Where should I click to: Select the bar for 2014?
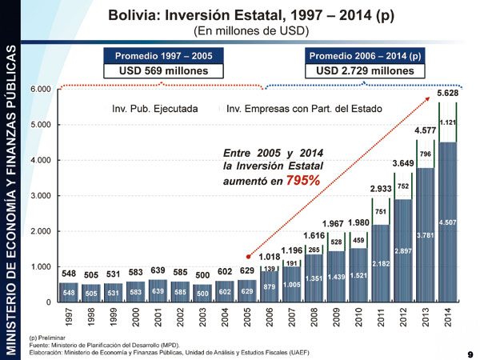(x=448, y=224)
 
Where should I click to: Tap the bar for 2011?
(x=381, y=264)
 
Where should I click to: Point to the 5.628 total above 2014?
(x=448, y=94)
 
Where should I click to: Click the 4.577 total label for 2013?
(x=425, y=130)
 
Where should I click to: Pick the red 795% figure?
(x=303, y=181)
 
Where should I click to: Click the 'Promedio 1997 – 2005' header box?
(x=164, y=56)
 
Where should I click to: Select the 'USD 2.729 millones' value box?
(x=366, y=70)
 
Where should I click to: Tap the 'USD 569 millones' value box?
(x=164, y=70)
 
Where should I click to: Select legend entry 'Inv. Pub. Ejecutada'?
(x=155, y=109)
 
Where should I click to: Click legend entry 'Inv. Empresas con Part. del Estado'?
(x=305, y=109)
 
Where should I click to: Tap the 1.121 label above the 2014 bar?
(x=448, y=122)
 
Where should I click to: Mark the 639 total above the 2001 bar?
(x=158, y=270)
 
